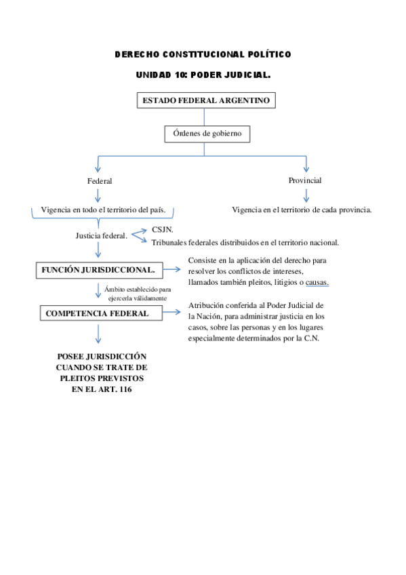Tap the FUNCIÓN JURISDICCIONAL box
[x=99, y=269]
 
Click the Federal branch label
[x=99, y=181]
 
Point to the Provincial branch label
[x=305, y=180]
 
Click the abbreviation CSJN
[x=163, y=230]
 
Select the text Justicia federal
[x=101, y=236]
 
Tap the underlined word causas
[x=317, y=281]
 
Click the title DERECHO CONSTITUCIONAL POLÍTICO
[x=203, y=54]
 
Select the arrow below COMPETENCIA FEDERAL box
[x=99, y=333]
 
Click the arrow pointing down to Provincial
[x=306, y=164]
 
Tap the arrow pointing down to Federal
[x=99, y=164]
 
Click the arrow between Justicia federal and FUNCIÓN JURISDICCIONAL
[x=99, y=250]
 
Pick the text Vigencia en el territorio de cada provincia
[x=302, y=210]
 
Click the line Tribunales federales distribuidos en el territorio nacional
[x=245, y=242]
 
